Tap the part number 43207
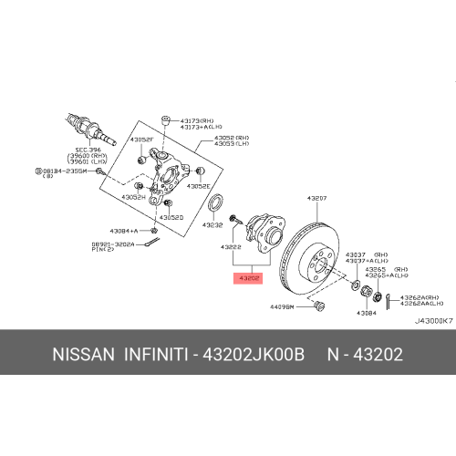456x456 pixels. coord(316,198)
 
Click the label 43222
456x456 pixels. coord(231,246)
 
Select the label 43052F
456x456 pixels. coord(141,140)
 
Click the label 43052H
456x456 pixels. coord(134,196)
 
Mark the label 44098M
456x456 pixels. coord(284,307)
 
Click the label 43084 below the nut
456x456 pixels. coord(366,313)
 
